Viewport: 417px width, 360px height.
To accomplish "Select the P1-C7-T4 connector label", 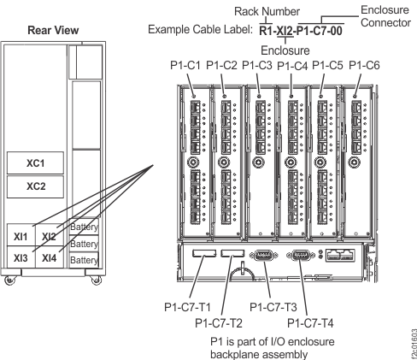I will pyautogui.click(x=307, y=322).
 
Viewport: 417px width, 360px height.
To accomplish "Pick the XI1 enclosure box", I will pyautogui.click(x=21, y=234).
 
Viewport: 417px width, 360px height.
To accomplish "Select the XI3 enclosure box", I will pyautogui.click(x=21, y=257).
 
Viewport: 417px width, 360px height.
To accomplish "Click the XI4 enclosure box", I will pyautogui.click(x=50, y=257).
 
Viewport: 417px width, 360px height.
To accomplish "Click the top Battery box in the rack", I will pyautogui.click(x=82, y=227).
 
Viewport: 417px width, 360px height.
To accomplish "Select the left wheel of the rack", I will pyautogui.click(x=9, y=279).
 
